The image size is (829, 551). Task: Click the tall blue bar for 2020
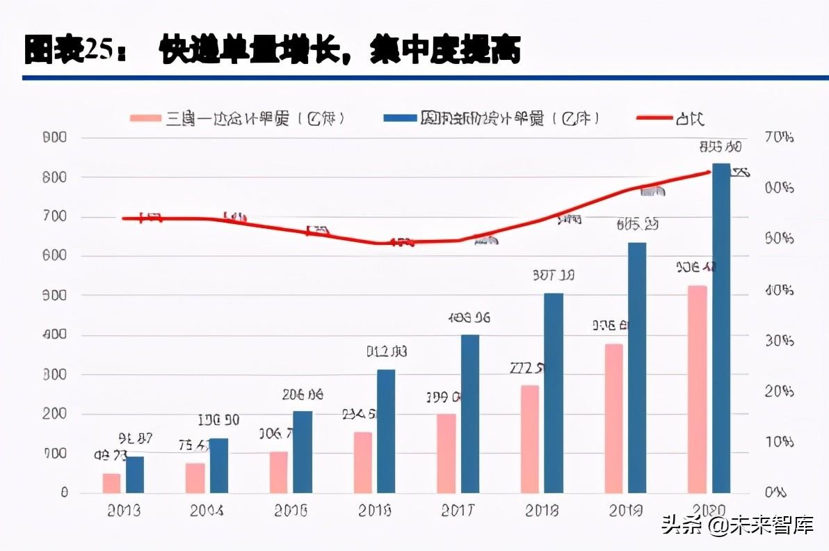click(x=721, y=327)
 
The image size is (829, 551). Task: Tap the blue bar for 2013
click(x=135, y=474)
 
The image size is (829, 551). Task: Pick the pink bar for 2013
click(x=111, y=483)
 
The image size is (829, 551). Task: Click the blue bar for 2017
click(x=470, y=413)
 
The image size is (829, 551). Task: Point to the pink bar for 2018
click(x=530, y=438)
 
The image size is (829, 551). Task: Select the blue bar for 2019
click(x=637, y=367)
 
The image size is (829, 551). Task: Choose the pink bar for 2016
click(x=363, y=462)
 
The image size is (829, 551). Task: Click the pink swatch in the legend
click(x=145, y=118)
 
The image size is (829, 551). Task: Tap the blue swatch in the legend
click(x=399, y=118)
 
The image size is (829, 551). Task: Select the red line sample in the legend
click(x=654, y=118)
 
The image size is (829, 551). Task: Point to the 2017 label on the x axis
click(x=458, y=511)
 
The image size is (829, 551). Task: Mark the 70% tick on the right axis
click(x=778, y=138)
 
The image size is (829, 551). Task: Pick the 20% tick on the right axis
click(x=778, y=391)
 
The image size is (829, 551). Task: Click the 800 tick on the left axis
click(x=54, y=177)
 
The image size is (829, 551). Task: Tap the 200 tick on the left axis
click(x=54, y=414)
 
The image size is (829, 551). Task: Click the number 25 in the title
click(x=99, y=51)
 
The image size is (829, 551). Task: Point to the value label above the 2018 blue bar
click(x=554, y=275)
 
